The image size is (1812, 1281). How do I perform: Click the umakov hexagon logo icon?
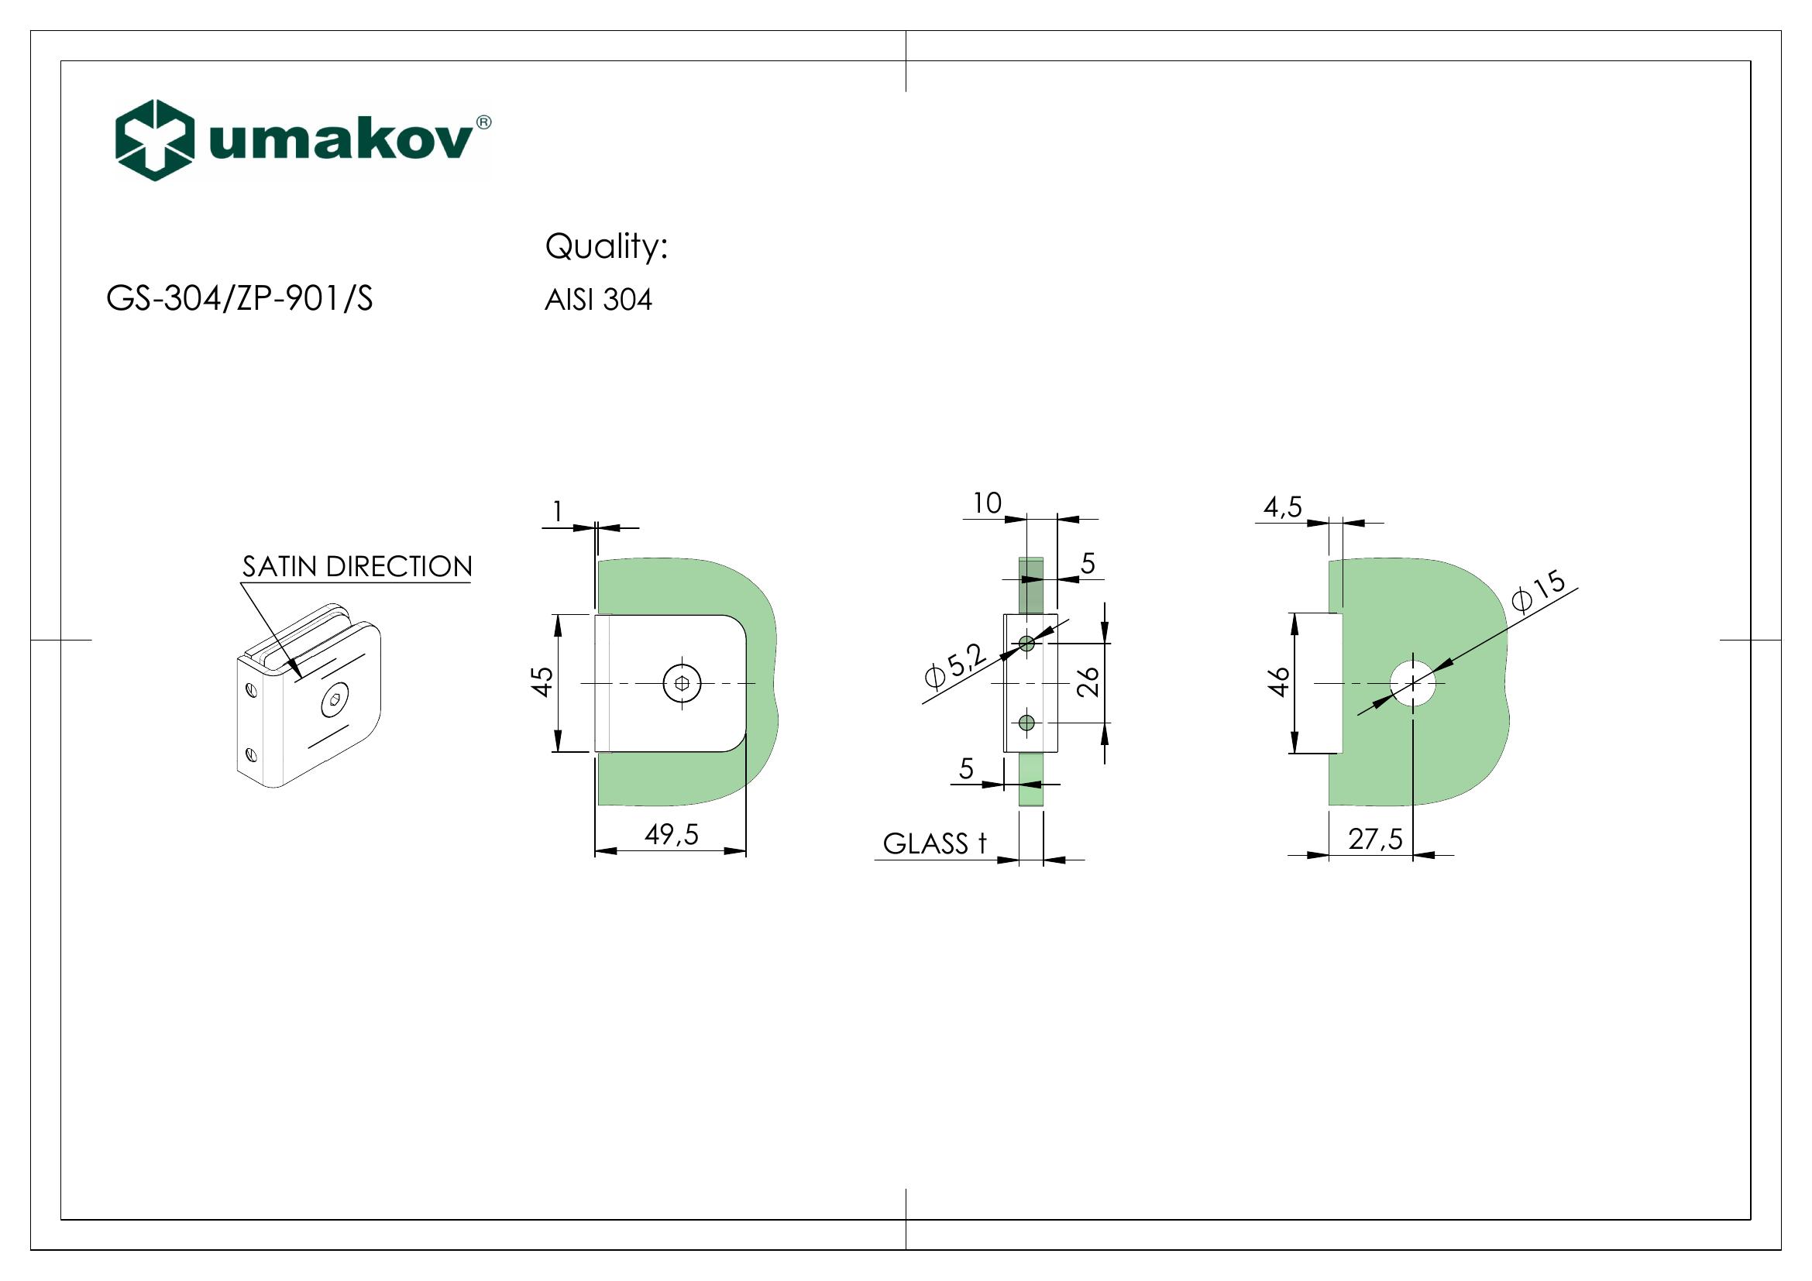pos(155,140)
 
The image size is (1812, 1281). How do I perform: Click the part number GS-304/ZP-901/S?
pos(239,299)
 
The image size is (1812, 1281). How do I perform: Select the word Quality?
pos(606,247)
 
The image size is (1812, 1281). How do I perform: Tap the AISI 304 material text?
pos(598,301)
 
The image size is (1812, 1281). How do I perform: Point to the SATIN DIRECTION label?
pos(356,567)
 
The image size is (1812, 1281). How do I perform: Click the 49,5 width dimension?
pos(672,835)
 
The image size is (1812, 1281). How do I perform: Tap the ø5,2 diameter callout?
pos(956,668)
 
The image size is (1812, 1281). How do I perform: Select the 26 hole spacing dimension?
pos(1088,682)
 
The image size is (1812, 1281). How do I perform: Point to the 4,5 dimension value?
pos(1282,507)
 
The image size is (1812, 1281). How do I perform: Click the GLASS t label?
pos(934,844)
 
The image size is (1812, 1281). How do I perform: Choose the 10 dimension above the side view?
pos(986,503)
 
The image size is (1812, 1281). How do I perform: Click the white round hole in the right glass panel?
pos(1413,683)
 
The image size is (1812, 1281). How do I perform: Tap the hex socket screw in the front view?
pos(683,683)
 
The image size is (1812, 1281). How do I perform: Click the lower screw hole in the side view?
pos(1026,723)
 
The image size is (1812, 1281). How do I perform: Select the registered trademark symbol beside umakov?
pos(483,122)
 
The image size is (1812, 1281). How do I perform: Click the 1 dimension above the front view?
pos(558,513)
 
